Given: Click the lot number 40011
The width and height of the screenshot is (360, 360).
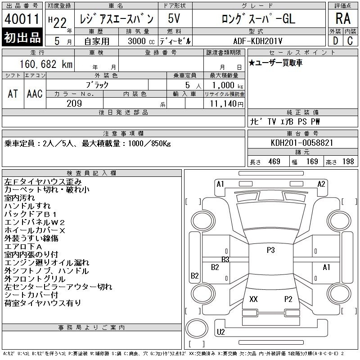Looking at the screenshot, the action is tap(22, 18).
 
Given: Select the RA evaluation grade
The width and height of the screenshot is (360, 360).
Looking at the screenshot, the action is tap(343, 18).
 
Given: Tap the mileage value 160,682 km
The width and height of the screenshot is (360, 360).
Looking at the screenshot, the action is tap(46, 64).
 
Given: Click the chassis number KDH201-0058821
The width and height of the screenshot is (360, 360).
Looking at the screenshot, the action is tap(302, 143).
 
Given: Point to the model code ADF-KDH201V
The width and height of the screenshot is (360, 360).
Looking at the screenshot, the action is tap(257, 41).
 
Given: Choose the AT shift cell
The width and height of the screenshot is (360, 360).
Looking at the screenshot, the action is tap(13, 94).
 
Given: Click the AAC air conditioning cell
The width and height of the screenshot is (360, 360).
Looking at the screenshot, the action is tap(35, 94).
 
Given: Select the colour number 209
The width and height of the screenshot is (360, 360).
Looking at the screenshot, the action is tap(74, 103).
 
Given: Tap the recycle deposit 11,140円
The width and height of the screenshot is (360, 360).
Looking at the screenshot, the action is tap(227, 103).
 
